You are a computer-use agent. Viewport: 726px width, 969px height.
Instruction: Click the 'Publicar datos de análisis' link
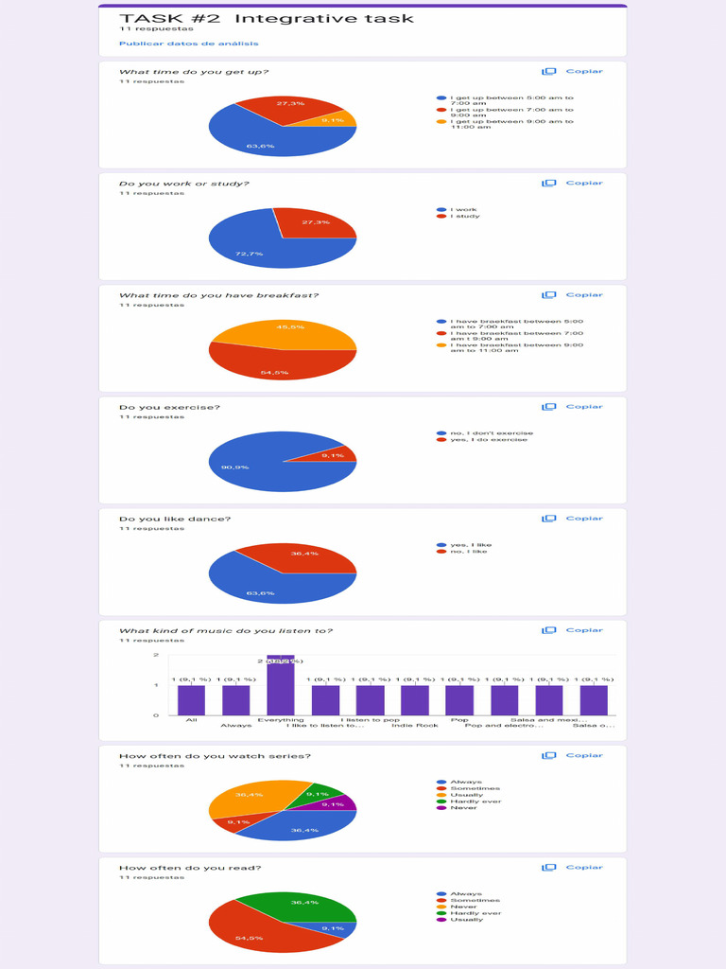coord(188,44)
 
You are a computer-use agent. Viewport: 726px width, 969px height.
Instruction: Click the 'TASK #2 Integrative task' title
coord(266,18)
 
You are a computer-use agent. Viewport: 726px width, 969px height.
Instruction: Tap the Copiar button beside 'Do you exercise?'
coord(573,407)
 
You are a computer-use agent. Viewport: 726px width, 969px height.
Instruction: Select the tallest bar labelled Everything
coord(281,685)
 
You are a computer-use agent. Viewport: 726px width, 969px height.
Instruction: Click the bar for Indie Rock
coord(414,700)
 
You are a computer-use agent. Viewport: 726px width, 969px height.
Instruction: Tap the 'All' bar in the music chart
coord(191,700)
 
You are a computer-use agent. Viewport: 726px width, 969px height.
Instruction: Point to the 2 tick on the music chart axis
coord(155,655)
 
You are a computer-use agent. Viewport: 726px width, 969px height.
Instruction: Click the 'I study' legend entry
coord(464,216)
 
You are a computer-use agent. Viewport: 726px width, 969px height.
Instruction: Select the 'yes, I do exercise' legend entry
coord(488,439)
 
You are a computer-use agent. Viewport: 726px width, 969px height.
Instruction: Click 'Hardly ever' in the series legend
coord(475,802)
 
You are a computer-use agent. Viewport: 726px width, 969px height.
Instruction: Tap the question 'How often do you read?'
coord(190,867)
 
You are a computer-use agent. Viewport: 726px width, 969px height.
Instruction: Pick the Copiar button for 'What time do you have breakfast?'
coord(573,295)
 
